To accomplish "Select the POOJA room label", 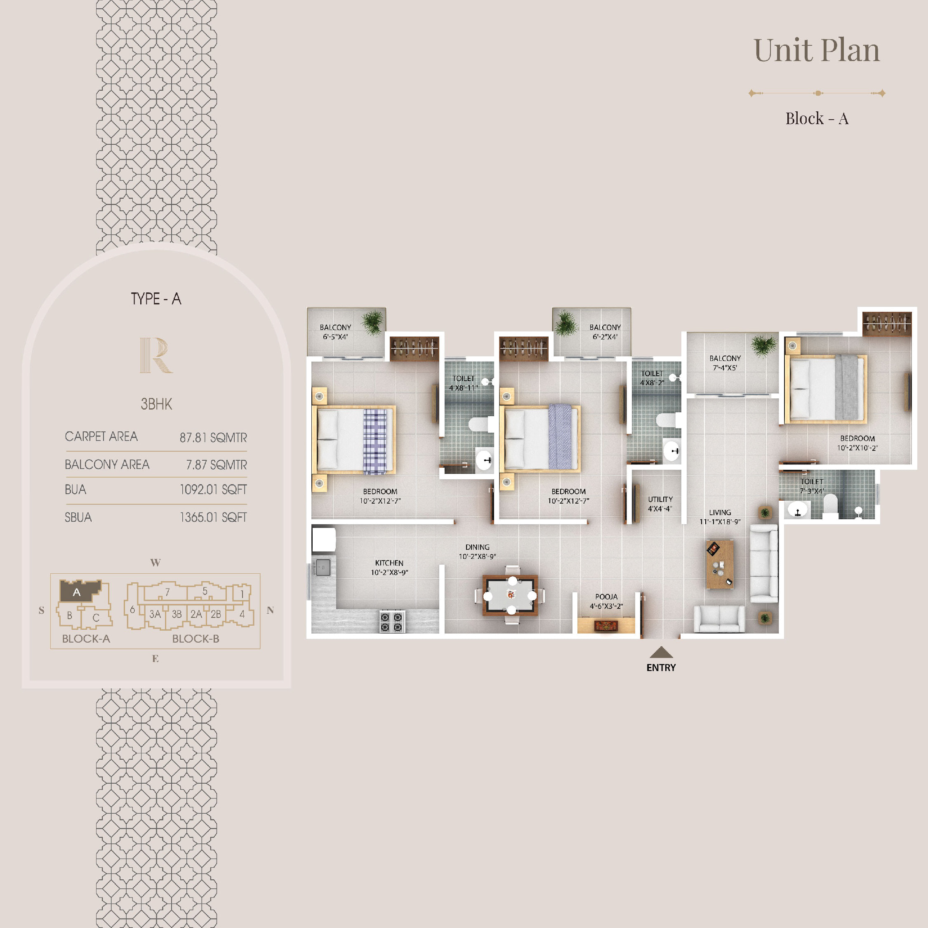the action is [x=606, y=596].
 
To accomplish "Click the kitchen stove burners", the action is [x=391, y=621].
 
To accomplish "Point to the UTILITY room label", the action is [x=660, y=499].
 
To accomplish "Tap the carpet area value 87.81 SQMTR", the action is [x=213, y=438].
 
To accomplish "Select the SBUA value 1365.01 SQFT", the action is [x=213, y=517].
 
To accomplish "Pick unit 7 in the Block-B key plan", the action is [x=167, y=592].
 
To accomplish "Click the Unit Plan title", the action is [x=817, y=50].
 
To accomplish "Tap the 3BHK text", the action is [x=156, y=404].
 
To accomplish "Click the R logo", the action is [x=155, y=355].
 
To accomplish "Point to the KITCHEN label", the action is [x=389, y=563].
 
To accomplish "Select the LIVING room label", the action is [x=720, y=513].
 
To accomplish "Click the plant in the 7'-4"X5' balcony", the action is [x=763, y=345].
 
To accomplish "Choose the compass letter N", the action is [x=270, y=610].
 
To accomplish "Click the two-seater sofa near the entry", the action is [x=719, y=619].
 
